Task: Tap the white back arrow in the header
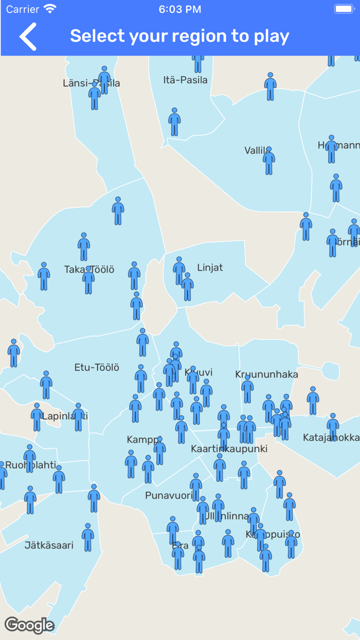(x=28, y=37)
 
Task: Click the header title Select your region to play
(x=179, y=36)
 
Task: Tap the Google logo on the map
(x=29, y=625)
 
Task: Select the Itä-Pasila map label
(x=185, y=80)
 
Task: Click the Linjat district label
(x=210, y=268)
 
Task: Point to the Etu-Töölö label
(x=97, y=367)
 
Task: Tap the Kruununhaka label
(x=266, y=374)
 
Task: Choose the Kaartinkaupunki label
(x=229, y=449)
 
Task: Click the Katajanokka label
(x=331, y=438)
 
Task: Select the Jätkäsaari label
(x=49, y=545)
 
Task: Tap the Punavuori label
(x=169, y=495)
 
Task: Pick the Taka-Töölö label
(x=89, y=270)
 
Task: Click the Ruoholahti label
(x=31, y=465)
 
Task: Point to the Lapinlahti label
(x=65, y=416)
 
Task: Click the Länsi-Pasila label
(x=91, y=83)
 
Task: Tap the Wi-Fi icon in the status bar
(x=50, y=9)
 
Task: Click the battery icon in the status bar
(x=344, y=9)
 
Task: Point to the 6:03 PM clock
(x=179, y=9)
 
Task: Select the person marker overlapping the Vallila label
(x=269, y=161)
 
